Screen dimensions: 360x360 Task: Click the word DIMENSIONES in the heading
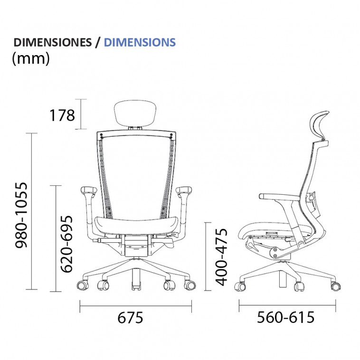click(x=53, y=42)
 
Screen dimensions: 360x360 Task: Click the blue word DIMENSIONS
click(x=140, y=42)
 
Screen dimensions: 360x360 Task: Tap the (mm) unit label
click(x=31, y=58)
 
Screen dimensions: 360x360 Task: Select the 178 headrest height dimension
click(x=62, y=115)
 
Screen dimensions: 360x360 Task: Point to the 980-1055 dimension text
click(x=21, y=215)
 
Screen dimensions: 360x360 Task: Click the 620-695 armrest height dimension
click(x=66, y=244)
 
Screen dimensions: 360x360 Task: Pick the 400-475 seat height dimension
click(x=221, y=257)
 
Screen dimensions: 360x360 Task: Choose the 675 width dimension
click(x=130, y=318)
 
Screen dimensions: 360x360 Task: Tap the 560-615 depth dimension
click(x=285, y=317)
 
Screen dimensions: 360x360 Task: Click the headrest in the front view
click(x=136, y=114)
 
